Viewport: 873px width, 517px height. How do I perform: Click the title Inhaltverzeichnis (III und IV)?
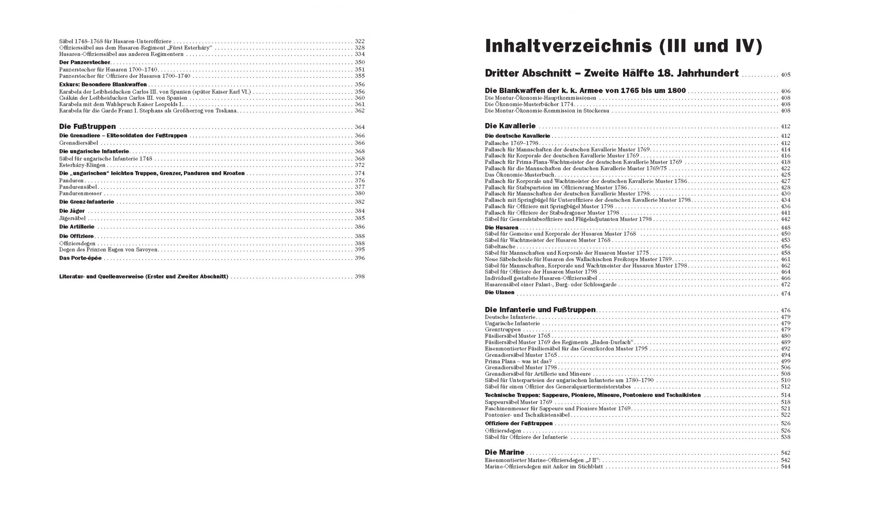(x=623, y=46)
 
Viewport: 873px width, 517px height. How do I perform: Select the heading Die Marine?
(x=504, y=452)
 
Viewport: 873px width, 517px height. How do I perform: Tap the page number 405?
(x=785, y=75)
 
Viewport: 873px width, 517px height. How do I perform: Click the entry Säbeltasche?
(x=500, y=247)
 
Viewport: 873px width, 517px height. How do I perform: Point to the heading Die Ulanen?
(x=499, y=293)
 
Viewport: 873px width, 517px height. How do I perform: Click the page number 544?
(x=785, y=467)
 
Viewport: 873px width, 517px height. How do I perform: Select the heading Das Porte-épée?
(x=80, y=258)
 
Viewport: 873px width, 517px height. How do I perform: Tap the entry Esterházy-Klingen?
(x=82, y=165)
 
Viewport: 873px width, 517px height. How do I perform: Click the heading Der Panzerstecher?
(x=85, y=62)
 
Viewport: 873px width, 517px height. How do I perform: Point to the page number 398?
(x=360, y=277)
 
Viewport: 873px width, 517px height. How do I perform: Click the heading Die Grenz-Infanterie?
(x=86, y=202)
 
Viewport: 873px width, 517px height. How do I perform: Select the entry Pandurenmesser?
(x=80, y=193)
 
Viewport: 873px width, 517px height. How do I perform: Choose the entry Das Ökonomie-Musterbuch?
(x=519, y=175)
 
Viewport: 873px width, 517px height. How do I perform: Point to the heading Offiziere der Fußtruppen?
(x=519, y=424)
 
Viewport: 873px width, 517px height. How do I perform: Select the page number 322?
(x=360, y=41)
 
